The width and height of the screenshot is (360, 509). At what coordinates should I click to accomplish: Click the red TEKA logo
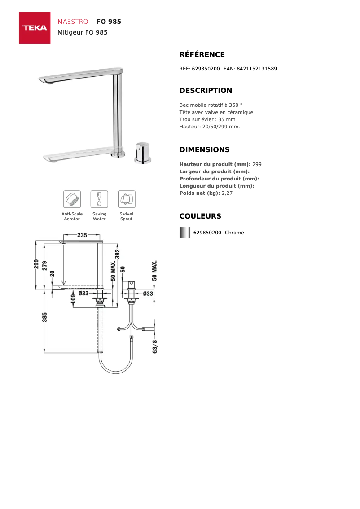coord(35,28)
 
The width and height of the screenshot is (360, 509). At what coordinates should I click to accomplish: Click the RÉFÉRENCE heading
coord(202,55)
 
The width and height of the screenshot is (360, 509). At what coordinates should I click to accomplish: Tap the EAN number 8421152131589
coord(256,69)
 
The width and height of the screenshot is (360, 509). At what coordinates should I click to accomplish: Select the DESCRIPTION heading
coord(206,91)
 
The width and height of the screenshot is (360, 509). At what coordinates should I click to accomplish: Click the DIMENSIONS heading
coord(204,150)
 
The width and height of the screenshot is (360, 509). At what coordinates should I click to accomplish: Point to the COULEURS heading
coord(200,216)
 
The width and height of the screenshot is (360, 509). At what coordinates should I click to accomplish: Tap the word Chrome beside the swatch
coord(234,233)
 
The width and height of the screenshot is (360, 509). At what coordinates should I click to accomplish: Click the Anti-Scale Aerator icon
coord(72,199)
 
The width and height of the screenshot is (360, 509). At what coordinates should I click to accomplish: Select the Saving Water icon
coord(99,199)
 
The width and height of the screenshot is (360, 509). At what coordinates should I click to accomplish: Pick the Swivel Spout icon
coord(126,199)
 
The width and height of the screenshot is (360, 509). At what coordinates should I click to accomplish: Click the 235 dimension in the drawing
coord(82,235)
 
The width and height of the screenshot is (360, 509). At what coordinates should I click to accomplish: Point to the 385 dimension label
coord(44,317)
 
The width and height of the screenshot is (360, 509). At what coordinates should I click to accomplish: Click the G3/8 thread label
coord(155,347)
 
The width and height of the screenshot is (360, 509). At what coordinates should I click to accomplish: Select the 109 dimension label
coord(73,298)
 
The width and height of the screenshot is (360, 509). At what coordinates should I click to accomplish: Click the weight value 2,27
coord(227,193)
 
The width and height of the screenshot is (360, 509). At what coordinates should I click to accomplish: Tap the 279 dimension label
coord(44,265)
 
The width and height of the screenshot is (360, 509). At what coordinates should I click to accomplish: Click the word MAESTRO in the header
coord(73,22)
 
